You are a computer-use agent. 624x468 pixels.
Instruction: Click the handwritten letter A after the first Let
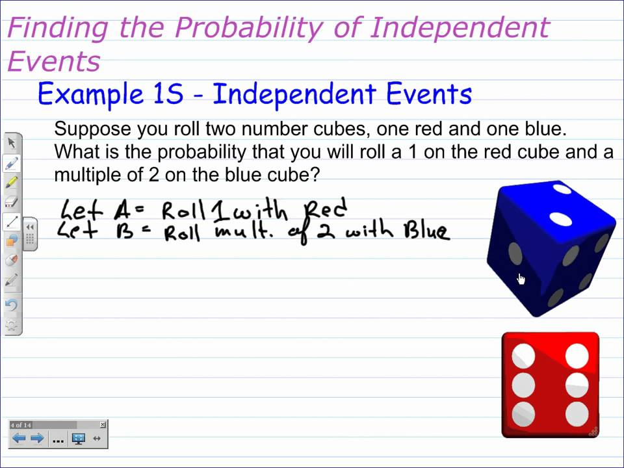point(122,210)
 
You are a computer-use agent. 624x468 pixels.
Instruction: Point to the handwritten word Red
point(326,210)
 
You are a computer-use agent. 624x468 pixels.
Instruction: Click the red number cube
point(551,385)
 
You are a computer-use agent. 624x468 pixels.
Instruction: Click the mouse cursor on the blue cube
point(521,279)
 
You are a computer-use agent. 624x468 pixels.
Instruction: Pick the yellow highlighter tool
point(12,183)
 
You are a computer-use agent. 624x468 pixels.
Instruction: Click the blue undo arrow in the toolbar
point(12,304)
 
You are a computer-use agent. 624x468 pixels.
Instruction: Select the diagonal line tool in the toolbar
point(12,222)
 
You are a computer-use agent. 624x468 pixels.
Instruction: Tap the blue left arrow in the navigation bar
point(19,439)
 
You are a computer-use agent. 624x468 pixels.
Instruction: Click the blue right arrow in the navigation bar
point(37,439)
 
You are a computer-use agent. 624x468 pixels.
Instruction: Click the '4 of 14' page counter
point(21,425)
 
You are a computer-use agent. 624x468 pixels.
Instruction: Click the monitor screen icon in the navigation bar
point(79,439)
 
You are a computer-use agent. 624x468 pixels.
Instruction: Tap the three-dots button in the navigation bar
point(58,439)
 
